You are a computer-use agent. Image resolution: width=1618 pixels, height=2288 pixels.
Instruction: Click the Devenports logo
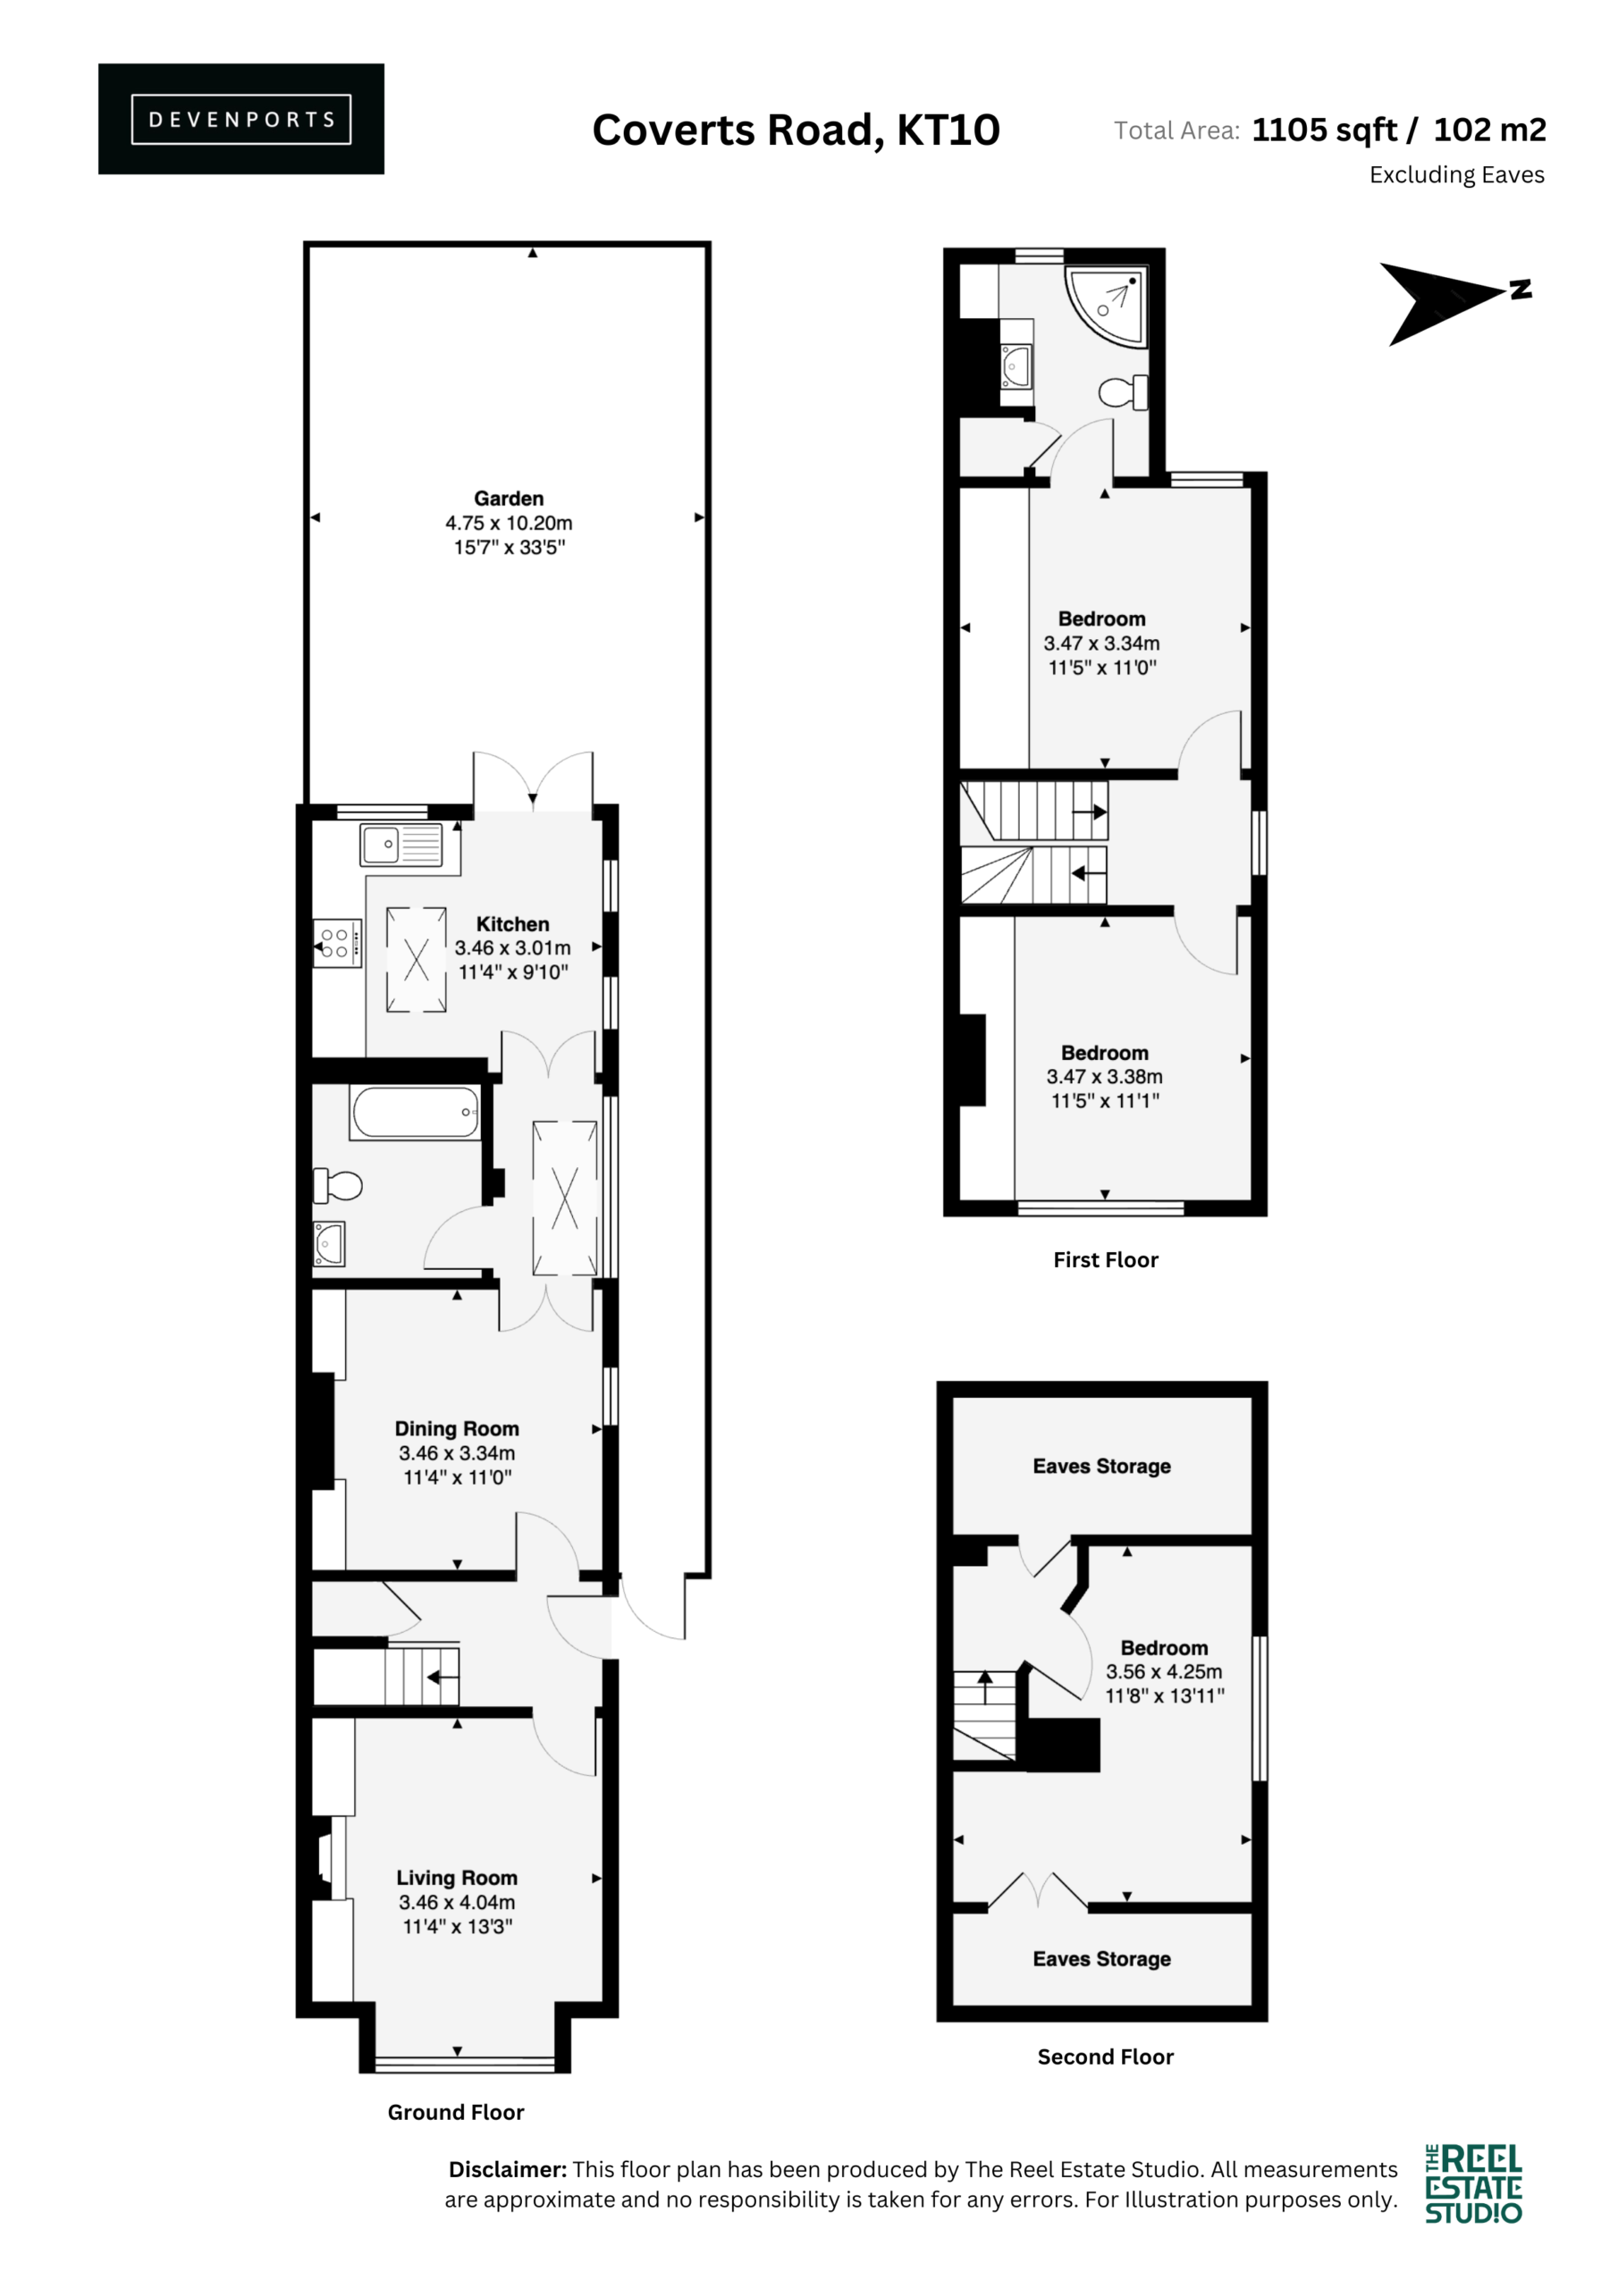click(x=240, y=119)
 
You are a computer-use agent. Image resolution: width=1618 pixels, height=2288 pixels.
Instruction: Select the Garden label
click(x=509, y=498)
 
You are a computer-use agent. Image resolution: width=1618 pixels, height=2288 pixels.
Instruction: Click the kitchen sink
click(x=401, y=845)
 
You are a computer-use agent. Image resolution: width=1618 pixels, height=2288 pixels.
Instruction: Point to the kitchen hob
click(x=337, y=943)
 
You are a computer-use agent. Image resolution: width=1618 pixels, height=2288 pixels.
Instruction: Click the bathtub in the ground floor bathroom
click(x=415, y=1112)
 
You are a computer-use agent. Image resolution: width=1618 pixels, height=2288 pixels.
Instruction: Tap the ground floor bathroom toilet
click(x=337, y=1186)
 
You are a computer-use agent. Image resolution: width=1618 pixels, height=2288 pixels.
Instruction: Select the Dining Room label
click(x=457, y=1429)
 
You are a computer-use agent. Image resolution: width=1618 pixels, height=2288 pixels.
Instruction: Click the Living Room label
click(x=457, y=1879)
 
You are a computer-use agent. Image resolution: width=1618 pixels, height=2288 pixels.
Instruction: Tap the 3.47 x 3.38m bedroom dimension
click(x=1105, y=1077)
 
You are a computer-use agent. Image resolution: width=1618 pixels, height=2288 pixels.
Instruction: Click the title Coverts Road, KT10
click(x=796, y=130)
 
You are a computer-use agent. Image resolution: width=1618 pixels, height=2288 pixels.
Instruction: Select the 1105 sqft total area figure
click(x=1324, y=130)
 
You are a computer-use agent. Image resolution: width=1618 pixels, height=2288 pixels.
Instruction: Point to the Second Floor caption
click(x=1106, y=2057)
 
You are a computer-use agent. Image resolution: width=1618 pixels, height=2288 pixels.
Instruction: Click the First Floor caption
click(x=1106, y=1259)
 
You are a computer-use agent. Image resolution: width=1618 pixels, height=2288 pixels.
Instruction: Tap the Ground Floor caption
click(x=456, y=2112)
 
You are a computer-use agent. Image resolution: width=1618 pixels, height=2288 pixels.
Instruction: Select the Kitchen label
click(x=512, y=924)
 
